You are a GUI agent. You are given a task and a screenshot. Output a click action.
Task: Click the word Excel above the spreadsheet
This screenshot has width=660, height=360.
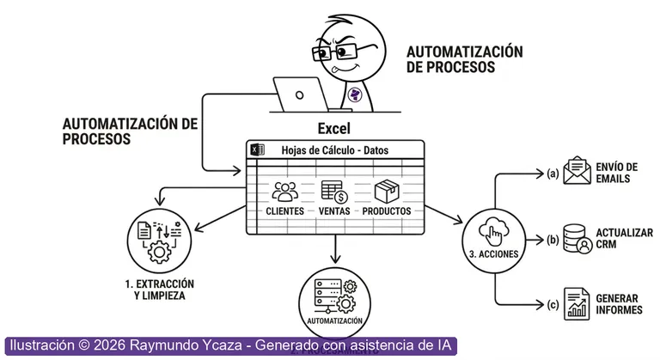[x=334, y=129]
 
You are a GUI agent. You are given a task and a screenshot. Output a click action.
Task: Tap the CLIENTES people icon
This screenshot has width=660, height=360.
[x=284, y=192]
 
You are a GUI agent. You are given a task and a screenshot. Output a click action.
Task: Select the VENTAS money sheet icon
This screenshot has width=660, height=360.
[x=333, y=192]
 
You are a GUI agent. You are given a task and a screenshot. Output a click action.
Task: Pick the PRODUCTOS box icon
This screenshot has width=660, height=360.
[x=387, y=192]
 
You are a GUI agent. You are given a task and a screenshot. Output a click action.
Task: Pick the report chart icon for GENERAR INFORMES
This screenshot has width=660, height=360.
[x=576, y=303]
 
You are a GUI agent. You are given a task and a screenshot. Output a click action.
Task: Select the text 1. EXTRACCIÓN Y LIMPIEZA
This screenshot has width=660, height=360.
[x=160, y=290]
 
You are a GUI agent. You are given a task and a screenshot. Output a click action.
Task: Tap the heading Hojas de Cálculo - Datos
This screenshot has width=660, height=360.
[x=335, y=149]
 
